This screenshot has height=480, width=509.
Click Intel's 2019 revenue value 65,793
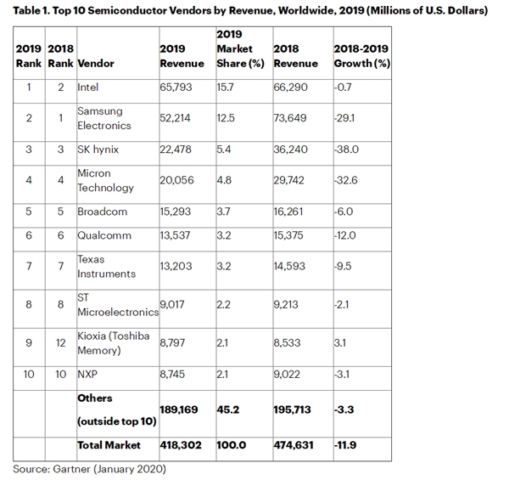pos(176,87)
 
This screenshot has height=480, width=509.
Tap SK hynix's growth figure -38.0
pos(349,150)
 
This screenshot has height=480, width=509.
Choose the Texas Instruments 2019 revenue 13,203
pos(176,267)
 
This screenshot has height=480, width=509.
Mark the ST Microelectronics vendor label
pos(113,304)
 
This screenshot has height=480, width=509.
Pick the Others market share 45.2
pos(228,410)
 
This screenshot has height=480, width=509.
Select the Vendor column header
pos(96,63)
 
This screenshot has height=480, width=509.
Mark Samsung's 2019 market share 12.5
pos(227,118)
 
